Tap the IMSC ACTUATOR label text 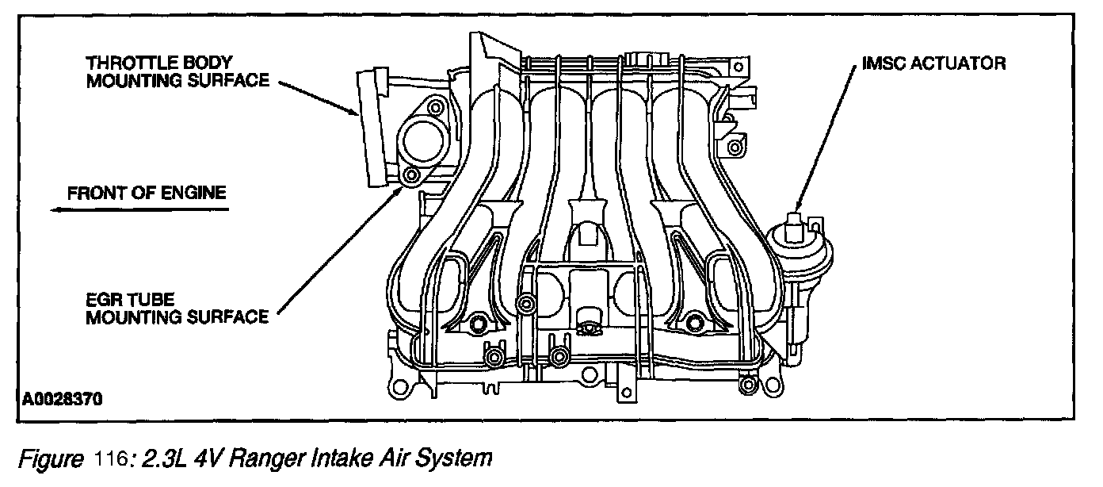click(x=933, y=63)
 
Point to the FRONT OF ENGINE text click(x=147, y=192)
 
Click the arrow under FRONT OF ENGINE click(x=139, y=210)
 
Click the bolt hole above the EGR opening click(x=433, y=107)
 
